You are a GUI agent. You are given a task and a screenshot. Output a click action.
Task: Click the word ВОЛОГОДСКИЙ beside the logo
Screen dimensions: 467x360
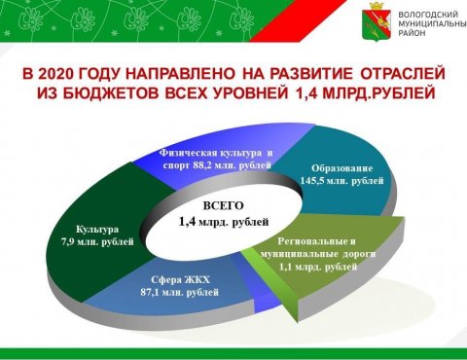428,15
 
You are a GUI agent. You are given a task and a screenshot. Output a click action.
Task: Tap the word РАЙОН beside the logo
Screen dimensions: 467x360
412,33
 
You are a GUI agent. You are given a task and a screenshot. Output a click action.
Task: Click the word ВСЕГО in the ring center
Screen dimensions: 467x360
223,206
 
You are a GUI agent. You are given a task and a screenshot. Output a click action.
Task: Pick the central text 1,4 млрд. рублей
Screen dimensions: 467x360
224,222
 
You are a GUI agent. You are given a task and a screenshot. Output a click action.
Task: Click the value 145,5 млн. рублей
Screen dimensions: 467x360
341,181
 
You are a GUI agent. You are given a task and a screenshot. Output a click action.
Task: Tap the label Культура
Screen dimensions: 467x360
97,230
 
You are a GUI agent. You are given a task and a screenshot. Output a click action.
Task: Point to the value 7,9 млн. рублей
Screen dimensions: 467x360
97,242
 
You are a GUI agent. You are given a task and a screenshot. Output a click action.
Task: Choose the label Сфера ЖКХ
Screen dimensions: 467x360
180,279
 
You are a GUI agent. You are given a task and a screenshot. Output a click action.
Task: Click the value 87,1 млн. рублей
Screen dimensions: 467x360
179,292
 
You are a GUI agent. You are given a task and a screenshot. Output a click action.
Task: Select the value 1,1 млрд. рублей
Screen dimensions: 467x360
318,267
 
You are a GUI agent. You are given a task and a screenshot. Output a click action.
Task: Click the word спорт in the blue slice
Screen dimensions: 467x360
176,165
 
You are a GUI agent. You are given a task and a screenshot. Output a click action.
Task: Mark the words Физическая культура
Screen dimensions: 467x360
210,153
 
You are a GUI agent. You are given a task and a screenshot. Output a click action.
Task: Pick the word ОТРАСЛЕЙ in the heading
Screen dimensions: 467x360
403,74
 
